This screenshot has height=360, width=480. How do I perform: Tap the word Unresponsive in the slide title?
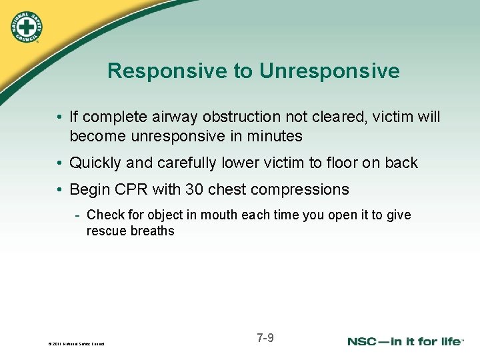(x=329, y=71)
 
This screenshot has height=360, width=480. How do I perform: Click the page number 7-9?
(x=265, y=338)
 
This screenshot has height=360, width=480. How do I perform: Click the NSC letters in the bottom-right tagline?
(x=365, y=341)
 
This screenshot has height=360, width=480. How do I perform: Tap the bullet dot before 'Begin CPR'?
(x=61, y=190)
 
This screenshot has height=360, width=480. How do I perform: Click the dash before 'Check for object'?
(x=78, y=215)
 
